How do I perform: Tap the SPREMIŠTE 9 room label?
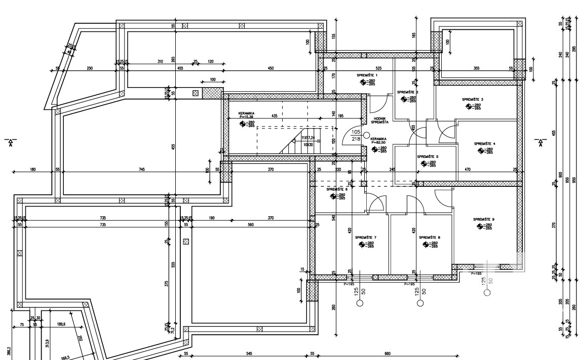[484, 219]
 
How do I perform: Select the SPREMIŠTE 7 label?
[366, 237]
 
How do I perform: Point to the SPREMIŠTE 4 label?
[485, 144]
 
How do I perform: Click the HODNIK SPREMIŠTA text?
[379, 121]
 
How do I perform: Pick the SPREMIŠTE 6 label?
[337, 189]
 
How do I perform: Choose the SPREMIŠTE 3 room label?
[473, 100]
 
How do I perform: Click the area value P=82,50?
[378, 143]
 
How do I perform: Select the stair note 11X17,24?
[308, 138]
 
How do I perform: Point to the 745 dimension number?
[141, 169]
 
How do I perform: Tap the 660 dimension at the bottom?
[388, 353]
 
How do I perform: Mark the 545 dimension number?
[249, 353]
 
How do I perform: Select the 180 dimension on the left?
[33, 169]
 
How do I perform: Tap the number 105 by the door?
[356, 131]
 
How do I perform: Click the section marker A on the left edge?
[10, 142]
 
